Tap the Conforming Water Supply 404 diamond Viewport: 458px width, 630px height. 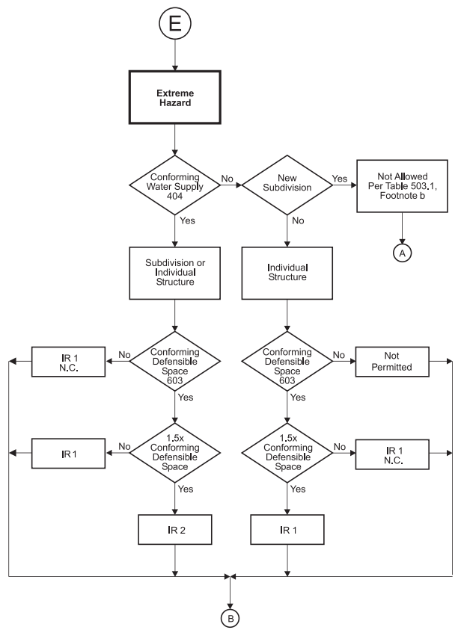click(174, 187)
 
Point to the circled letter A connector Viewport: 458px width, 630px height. click(403, 254)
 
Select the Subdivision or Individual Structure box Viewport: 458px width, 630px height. click(174, 274)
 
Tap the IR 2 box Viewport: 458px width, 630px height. click(174, 531)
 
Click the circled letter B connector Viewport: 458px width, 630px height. click(230, 617)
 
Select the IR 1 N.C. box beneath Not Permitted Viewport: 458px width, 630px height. click(403, 454)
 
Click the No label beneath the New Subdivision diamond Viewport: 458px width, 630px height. click(298, 222)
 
